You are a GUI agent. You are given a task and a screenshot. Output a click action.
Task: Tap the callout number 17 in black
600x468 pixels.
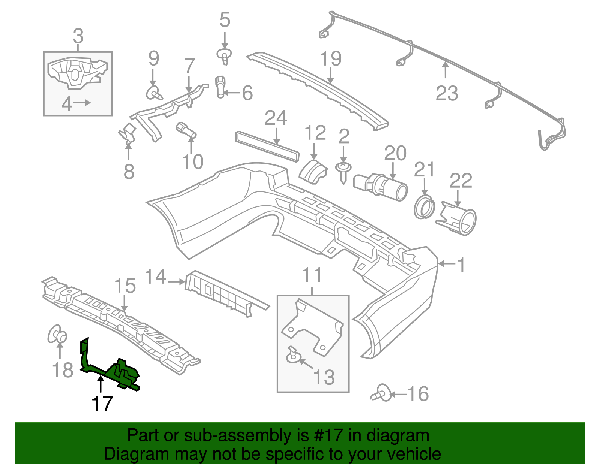102,404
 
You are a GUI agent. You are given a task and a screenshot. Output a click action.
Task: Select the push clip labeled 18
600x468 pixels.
57,334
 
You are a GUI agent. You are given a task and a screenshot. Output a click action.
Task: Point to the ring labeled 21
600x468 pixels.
424,206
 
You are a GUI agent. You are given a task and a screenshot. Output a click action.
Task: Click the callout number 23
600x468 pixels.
447,93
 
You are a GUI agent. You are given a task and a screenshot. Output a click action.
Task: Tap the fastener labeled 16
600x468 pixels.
382,394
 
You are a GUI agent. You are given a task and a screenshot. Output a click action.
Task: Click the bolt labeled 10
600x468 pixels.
186,130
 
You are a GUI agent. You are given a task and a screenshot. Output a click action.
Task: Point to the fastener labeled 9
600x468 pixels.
154,92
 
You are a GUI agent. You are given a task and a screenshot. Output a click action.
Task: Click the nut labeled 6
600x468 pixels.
220,86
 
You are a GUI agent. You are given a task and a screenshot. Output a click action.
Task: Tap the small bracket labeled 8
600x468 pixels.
127,133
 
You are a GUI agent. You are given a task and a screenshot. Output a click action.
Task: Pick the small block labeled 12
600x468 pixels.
313,172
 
